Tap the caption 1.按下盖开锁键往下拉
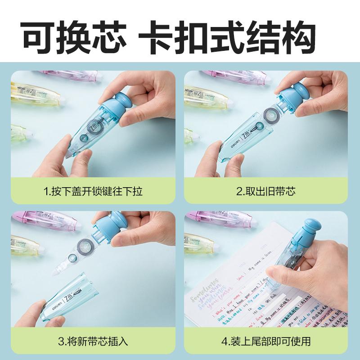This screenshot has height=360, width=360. [93, 191]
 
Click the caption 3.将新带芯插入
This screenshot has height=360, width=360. [93, 342]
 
